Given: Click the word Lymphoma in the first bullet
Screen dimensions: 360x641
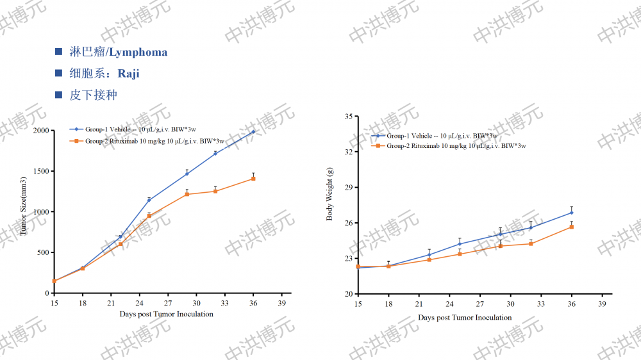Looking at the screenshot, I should pos(137,53).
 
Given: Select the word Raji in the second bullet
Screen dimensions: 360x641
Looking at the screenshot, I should pos(128,74).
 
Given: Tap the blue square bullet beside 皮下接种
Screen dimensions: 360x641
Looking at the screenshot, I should pos(59,95).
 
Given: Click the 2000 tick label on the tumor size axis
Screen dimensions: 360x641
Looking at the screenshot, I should pos(41,131).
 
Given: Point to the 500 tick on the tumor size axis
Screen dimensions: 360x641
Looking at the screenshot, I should pos(44,252).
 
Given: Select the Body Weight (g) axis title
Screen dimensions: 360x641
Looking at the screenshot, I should pos(330,193).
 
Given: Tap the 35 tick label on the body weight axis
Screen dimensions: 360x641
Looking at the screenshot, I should pos(349,117).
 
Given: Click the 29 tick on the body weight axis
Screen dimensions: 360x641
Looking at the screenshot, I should pos(349,188).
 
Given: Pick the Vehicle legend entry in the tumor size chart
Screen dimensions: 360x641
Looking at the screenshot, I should pos(147,130).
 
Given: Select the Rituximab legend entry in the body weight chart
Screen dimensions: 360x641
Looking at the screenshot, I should pos(449,146).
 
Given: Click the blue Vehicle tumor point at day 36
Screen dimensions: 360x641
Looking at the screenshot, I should pos(253,132).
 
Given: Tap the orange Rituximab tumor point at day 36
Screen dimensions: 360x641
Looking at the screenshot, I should pos(253,179).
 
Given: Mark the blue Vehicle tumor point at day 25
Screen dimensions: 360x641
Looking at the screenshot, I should pos(149,200).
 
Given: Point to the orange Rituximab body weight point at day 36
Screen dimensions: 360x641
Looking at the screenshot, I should pos(572,227).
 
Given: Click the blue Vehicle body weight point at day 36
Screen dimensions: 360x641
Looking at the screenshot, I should pos(572,213).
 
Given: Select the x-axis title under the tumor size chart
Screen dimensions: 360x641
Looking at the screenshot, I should pos(166,314).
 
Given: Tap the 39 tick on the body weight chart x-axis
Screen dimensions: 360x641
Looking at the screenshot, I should pos(602,304).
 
